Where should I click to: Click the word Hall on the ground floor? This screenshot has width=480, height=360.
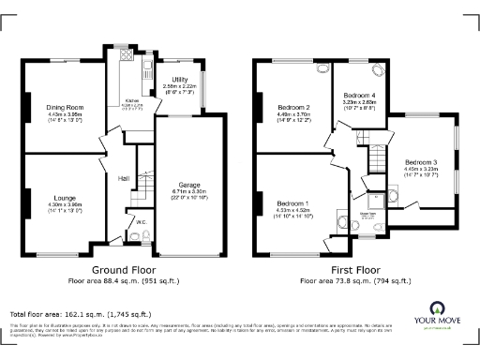(123, 177)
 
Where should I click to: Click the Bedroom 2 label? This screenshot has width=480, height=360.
(294, 107)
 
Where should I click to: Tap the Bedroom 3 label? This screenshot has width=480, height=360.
(420, 162)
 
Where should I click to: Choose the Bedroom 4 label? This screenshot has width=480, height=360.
(361, 96)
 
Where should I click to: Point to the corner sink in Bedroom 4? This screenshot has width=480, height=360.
(378, 67)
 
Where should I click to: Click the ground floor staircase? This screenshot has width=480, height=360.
(142, 183)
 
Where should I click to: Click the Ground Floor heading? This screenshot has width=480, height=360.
(123, 269)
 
